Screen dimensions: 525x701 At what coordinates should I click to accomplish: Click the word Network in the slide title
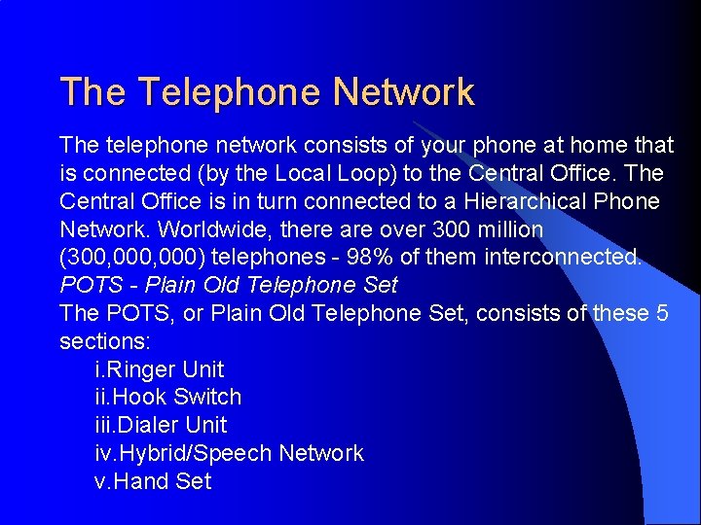click(403, 92)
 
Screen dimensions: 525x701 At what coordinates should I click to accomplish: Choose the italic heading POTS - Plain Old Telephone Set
click(229, 286)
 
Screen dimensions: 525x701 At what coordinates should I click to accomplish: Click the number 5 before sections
click(662, 313)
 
